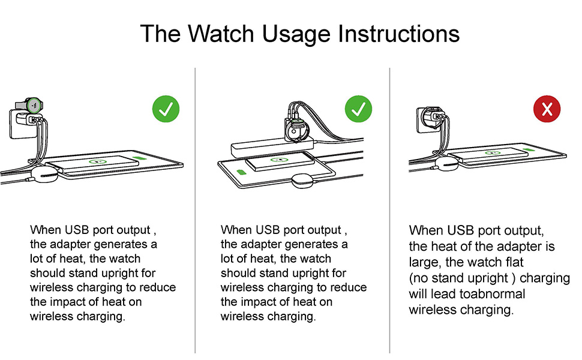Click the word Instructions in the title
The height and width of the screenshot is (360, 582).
(x=399, y=34)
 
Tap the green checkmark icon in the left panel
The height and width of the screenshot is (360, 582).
(x=166, y=110)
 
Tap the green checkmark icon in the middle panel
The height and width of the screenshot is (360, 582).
(x=358, y=110)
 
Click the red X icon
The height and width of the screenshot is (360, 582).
(x=547, y=110)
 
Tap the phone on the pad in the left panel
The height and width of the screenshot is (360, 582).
(x=96, y=164)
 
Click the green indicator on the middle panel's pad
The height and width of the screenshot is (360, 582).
(x=241, y=173)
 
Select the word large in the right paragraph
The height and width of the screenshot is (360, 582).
(x=424, y=263)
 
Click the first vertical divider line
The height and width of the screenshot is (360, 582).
(x=196, y=210)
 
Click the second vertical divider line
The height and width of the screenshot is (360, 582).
(x=389, y=210)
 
